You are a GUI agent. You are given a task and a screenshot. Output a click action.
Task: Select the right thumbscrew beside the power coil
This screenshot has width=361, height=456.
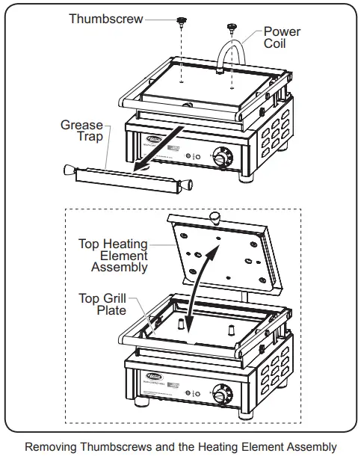[232, 28]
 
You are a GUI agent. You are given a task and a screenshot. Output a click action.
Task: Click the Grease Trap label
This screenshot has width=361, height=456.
[82, 132]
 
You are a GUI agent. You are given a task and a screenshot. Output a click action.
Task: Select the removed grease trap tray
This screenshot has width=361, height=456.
[127, 177]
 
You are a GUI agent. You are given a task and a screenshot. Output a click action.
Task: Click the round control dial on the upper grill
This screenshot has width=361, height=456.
[222, 158]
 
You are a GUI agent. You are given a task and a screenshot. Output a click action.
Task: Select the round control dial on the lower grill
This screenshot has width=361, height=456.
[222, 393]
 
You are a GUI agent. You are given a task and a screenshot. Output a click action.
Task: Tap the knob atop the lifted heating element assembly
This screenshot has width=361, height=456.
[216, 218]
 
